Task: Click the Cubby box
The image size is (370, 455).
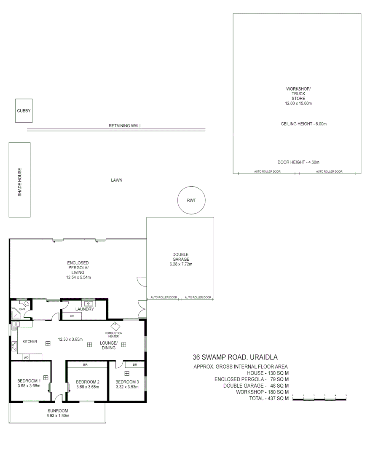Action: (24, 111)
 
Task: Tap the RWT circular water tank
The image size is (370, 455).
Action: (191, 200)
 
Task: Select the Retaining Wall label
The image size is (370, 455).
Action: (125, 126)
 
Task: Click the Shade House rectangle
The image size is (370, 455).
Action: (19, 180)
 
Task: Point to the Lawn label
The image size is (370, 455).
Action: (116, 180)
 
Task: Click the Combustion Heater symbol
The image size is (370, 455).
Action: (114, 326)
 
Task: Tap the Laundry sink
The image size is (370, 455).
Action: (88, 303)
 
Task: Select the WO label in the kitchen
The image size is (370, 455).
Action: (26, 357)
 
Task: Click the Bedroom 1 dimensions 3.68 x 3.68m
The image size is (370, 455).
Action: (29, 386)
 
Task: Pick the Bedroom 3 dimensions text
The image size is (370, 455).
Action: (127, 387)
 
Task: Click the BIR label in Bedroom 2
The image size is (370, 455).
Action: (85, 364)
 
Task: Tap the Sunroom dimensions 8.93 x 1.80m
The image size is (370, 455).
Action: (57, 416)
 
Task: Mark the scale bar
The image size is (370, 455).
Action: (319, 398)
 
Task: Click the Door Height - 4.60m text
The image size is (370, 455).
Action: (298, 162)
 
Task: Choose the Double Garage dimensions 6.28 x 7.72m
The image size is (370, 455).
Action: (180, 264)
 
